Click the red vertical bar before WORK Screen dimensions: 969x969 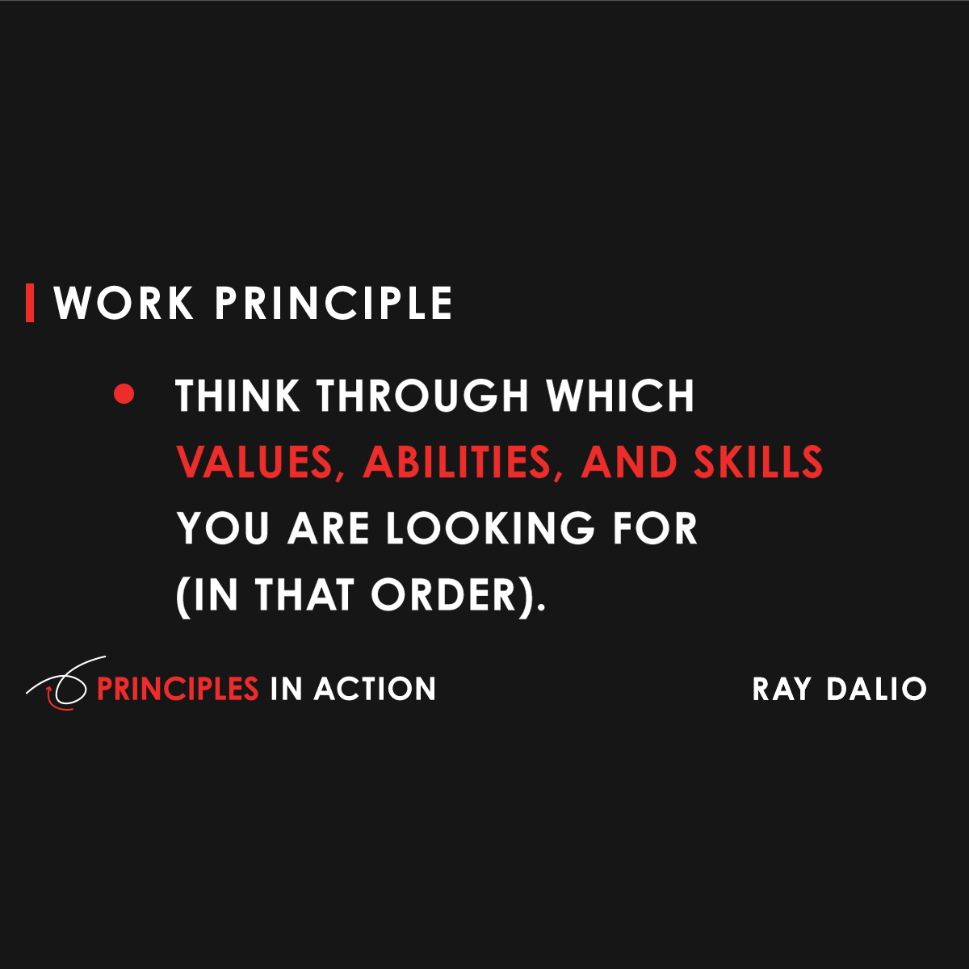click(30, 303)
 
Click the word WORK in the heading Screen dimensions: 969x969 click(124, 304)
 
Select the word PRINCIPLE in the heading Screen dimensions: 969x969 click(333, 304)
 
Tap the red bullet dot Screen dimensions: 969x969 click(124, 394)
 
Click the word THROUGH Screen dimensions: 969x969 click(422, 396)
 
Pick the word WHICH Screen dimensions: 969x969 click(620, 396)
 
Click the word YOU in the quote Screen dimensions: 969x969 click(224, 529)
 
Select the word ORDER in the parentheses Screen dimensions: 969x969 click(443, 596)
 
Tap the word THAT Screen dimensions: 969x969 click(305, 596)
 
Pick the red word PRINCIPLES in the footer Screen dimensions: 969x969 click(178, 689)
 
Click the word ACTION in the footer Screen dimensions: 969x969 click(375, 689)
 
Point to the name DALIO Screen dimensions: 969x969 click(876, 689)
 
